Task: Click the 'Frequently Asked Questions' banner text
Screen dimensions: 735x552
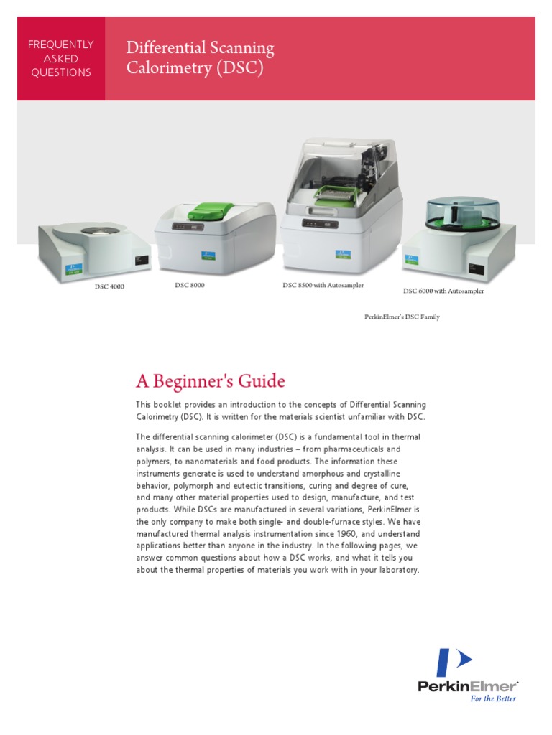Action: tap(60, 59)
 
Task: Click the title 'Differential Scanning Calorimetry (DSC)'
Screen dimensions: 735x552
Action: tap(200, 58)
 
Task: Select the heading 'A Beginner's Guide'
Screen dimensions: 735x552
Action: tap(211, 381)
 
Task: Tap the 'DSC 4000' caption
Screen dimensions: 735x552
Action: tap(109, 287)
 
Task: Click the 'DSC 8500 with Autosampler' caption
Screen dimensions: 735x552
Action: tap(323, 286)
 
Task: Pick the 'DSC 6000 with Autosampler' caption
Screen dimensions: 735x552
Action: tap(443, 291)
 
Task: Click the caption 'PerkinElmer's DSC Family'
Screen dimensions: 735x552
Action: tap(402, 317)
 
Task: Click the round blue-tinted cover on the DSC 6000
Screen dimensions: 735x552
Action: tap(458, 213)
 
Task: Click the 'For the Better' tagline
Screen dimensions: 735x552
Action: tap(492, 698)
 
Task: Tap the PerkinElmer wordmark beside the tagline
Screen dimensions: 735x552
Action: tap(467, 686)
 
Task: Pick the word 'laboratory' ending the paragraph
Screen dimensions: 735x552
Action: tap(394, 571)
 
